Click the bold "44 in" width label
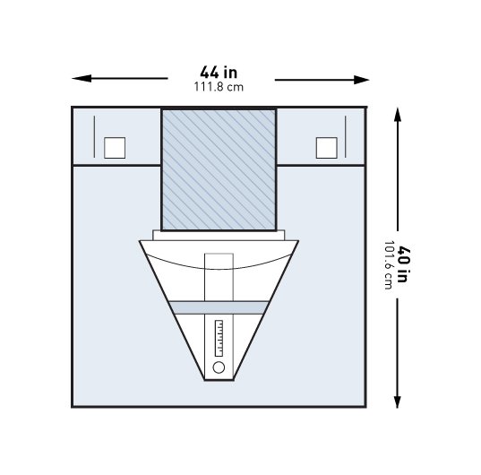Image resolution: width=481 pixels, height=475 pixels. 219,73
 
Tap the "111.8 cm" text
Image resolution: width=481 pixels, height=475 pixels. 219,87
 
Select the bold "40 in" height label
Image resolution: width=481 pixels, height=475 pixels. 402,263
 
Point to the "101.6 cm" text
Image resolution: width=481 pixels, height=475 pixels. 389,264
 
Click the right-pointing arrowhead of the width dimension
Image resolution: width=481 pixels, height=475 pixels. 361,80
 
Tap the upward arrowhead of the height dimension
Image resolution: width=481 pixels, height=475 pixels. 398,114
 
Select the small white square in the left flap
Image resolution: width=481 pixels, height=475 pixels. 115,148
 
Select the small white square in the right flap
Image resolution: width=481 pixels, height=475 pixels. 327,148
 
